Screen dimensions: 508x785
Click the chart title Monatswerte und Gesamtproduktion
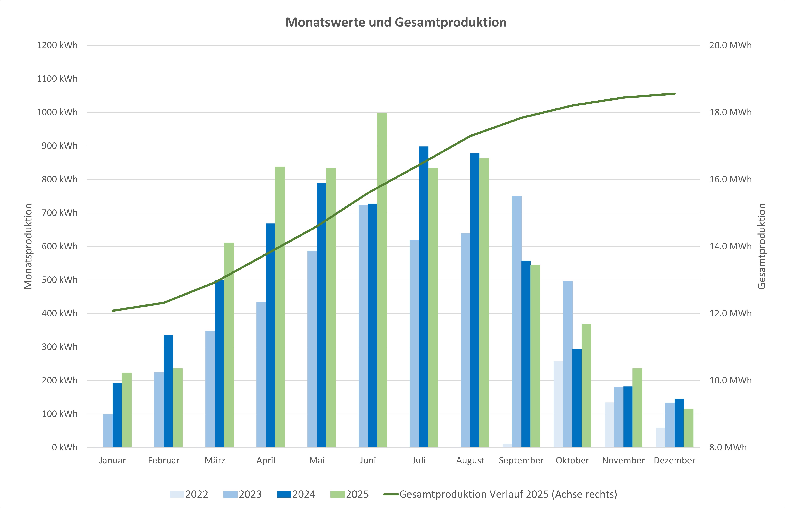point(396,22)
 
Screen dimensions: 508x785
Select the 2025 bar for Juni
point(382,280)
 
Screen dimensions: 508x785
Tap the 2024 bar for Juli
point(424,297)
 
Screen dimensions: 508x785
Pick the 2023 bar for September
point(517,322)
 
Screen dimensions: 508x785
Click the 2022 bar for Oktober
point(558,404)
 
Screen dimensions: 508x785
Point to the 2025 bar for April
point(280,307)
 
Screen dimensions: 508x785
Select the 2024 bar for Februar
point(168,391)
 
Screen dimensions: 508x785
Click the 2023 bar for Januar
point(108,431)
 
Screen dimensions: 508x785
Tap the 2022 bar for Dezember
point(660,437)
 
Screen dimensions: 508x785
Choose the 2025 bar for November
point(637,408)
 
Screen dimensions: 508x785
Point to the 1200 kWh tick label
point(57,45)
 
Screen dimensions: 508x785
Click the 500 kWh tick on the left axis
point(59,280)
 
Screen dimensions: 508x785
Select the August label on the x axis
point(470,460)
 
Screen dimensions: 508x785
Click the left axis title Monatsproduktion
point(28,246)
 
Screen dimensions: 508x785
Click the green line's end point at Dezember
point(675,94)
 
